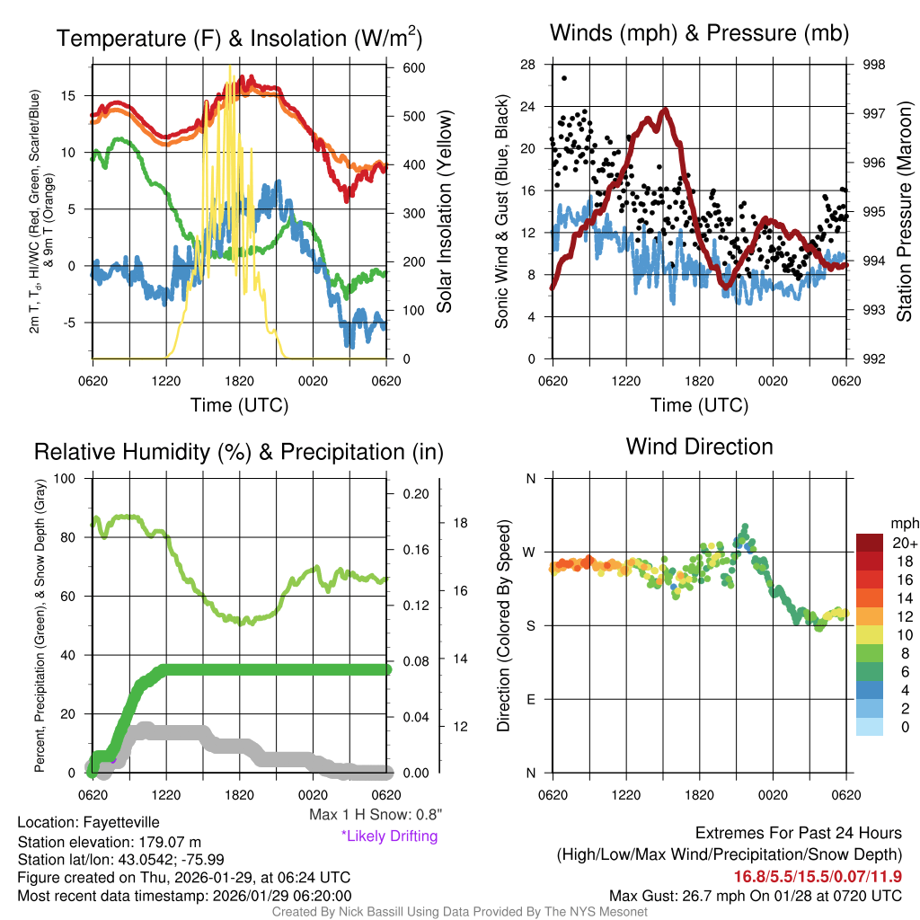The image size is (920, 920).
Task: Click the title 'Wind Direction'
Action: pyautogui.click(x=699, y=447)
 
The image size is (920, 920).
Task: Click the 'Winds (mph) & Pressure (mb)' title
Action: pyautogui.click(x=699, y=34)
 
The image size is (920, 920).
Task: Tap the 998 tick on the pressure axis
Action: pyautogui.click(x=873, y=65)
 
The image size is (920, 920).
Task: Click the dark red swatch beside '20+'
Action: pyautogui.click(x=871, y=543)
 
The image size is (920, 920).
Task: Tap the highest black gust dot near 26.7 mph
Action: pyautogui.click(x=564, y=78)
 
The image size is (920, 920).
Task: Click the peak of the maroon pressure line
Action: pyautogui.click(x=665, y=111)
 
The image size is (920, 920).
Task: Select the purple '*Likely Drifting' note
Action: pyautogui.click(x=389, y=836)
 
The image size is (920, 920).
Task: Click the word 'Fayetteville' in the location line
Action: pyautogui.click(x=121, y=822)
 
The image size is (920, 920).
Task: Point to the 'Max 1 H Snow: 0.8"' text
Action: pyautogui.click(x=375, y=815)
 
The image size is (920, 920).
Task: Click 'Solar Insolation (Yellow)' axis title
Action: pyautogui.click(x=444, y=211)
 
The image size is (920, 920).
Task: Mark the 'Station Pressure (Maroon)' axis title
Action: pyautogui.click(x=904, y=211)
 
